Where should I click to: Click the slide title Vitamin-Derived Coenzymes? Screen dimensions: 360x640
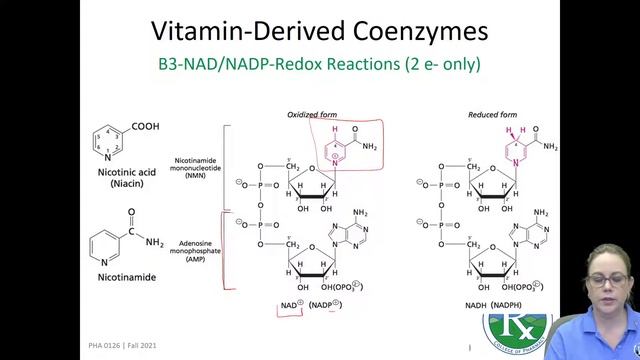tap(319, 31)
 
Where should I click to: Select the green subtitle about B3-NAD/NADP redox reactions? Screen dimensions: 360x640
tap(319, 65)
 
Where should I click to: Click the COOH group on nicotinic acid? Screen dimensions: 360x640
tap(146, 126)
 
